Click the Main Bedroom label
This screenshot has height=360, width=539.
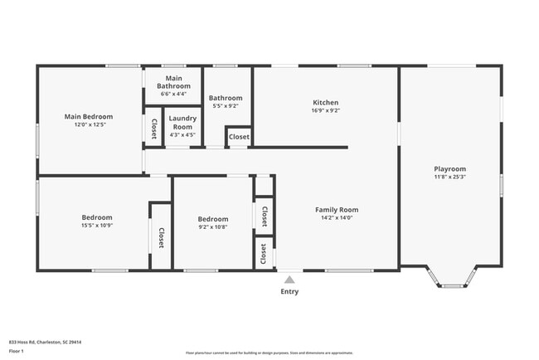[x=89, y=117]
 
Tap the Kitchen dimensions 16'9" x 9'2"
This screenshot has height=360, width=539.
[x=326, y=109]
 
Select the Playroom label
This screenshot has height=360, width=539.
[x=449, y=168]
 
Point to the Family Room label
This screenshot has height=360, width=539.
[x=336, y=210]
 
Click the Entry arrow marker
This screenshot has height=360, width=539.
[x=289, y=279]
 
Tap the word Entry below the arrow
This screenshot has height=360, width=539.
[x=289, y=291]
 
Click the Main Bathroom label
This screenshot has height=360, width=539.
[x=174, y=81]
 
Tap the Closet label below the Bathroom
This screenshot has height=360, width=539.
[x=239, y=137]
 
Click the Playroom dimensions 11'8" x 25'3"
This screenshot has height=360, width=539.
[x=449, y=177]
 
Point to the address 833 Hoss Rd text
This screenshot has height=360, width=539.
[x=51, y=341]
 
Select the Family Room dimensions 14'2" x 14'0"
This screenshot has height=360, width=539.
[x=336, y=218]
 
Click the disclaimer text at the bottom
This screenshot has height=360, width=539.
[x=269, y=353]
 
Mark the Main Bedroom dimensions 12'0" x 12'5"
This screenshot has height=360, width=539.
[x=89, y=125]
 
